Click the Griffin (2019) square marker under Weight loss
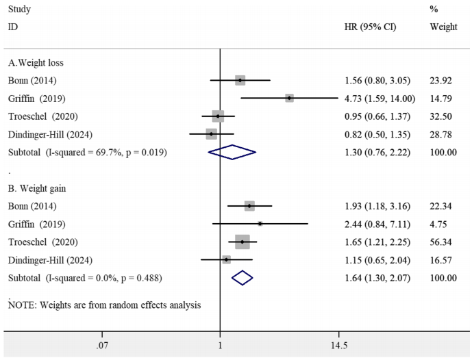point(290,99)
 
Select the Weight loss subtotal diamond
point(232,152)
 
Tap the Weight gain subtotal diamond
point(243,278)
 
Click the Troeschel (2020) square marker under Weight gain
point(243,242)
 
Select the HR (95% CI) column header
point(371,27)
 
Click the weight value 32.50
point(443,116)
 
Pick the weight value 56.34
point(443,242)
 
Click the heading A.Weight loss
point(36,63)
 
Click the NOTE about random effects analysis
point(104,305)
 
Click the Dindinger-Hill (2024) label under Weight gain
point(49,260)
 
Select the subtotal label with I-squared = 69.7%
point(87,152)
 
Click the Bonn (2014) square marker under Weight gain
point(249,205)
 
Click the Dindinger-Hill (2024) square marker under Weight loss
point(211,134)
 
